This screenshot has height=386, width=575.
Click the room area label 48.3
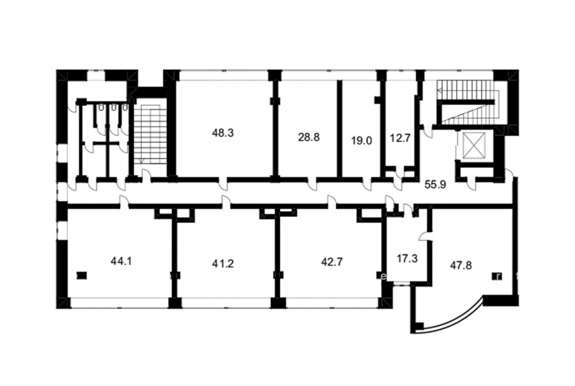coord(223,133)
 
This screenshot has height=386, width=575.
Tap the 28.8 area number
coord(309,137)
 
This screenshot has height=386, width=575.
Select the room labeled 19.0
coord(362,141)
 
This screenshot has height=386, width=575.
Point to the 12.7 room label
coord(399,139)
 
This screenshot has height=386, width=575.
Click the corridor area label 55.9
coord(435,185)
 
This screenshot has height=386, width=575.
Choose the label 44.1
coord(121,261)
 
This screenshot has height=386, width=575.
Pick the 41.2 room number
coord(223,263)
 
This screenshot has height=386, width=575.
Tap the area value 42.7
coord(332,262)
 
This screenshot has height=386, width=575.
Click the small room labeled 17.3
coord(407,259)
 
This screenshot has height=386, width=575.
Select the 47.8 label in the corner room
coord(461,265)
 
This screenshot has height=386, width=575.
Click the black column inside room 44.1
coord(81,275)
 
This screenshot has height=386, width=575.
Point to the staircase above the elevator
coord(468,102)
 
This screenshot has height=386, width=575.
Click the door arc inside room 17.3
coord(425,236)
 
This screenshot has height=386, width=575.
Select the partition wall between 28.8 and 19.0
coord(340,128)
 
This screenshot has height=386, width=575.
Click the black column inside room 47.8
coord(498,276)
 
